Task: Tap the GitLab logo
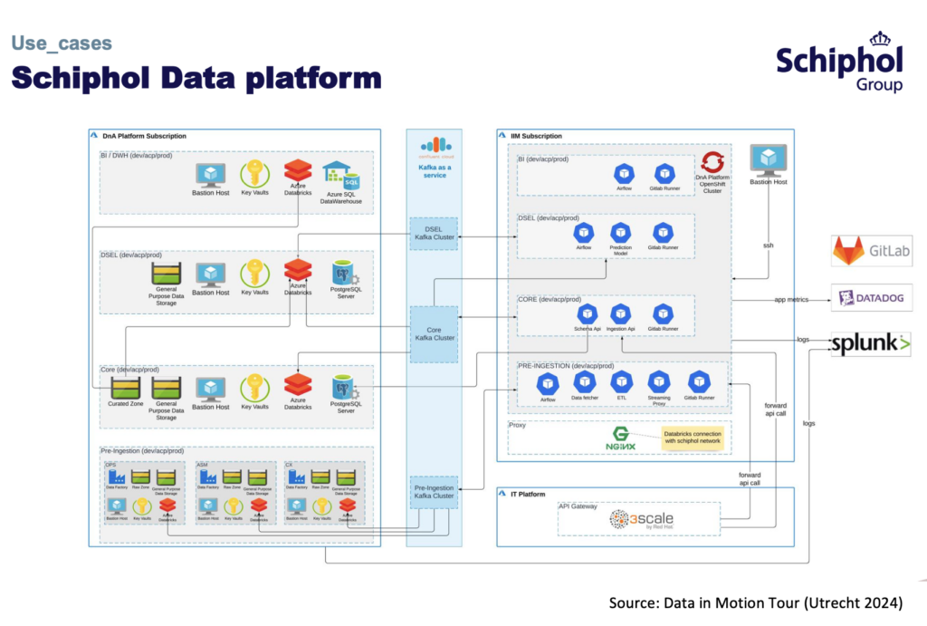point(871,251)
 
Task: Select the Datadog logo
point(871,298)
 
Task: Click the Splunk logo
point(871,343)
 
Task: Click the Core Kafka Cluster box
point(434,332)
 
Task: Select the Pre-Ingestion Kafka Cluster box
point(434,491)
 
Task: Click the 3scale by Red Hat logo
point(641,519)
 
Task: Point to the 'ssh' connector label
point(768,246)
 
